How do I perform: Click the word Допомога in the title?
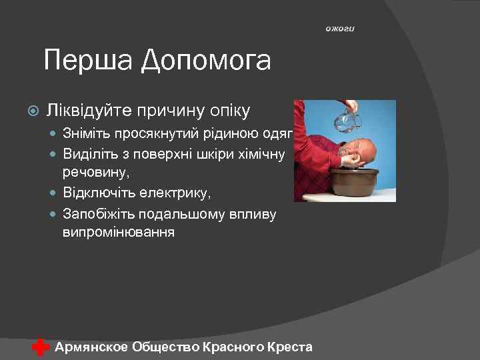pyautogui.click(x=206, y=61)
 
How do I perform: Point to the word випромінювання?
pyautogui.click(x=119, y=232)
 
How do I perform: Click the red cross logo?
pyautogui.click(x=41, y=347)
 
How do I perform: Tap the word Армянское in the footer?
pyautogui.click(x=92, y=347)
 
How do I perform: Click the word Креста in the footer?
pyautogui.click(x=289, y=347)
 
